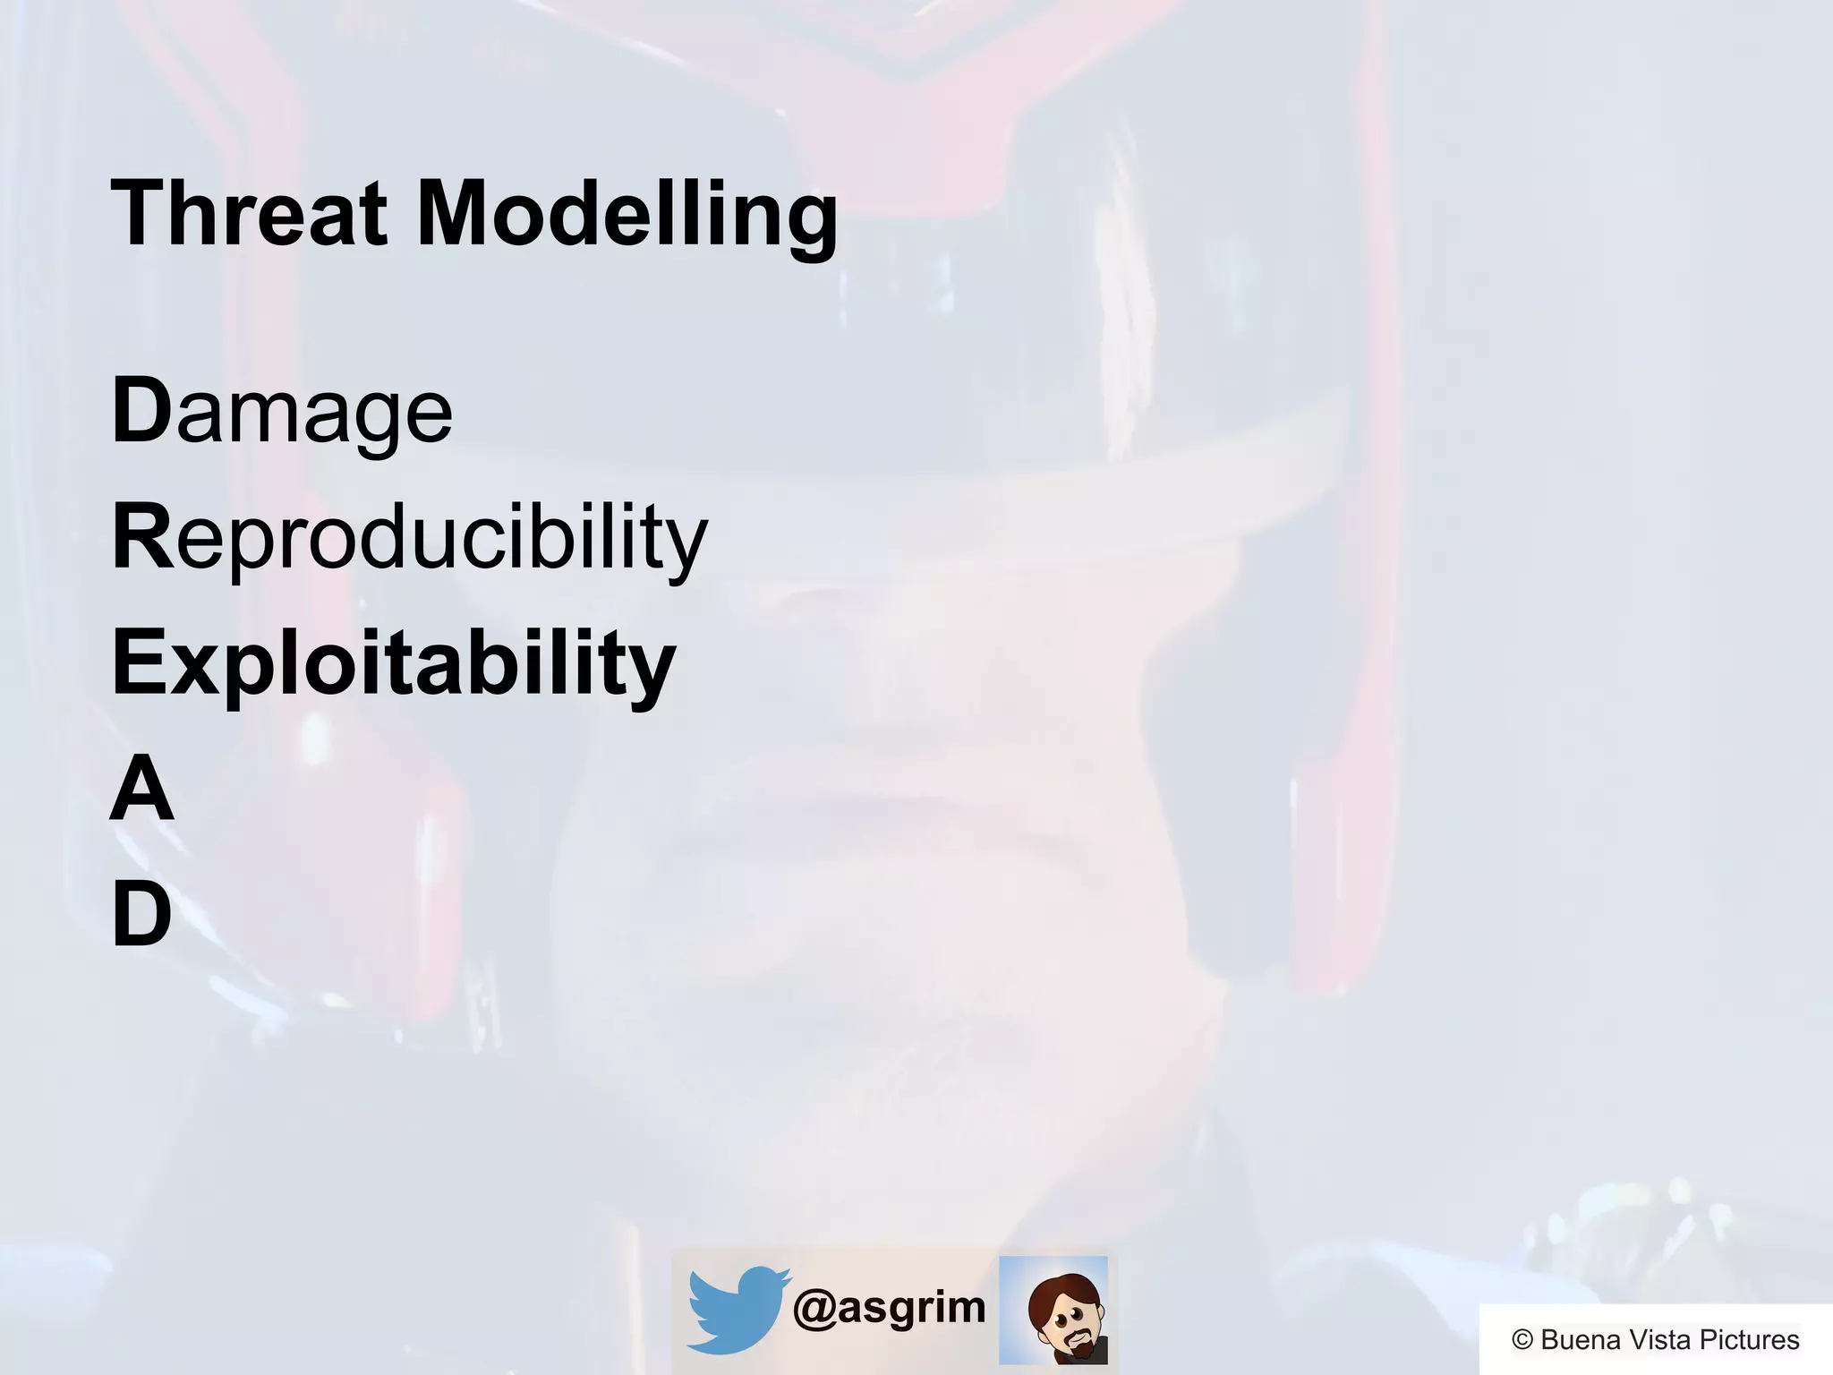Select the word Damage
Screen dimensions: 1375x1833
pos(282,412)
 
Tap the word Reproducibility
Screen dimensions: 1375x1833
pos(409,537)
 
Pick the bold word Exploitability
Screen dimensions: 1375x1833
pos(394,662)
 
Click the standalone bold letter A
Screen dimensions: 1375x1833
pos(141,788)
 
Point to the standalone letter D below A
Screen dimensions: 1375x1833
pos(141,914)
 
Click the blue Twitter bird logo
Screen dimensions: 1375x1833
pos(737,1308)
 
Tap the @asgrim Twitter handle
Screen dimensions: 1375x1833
pos(889,1308)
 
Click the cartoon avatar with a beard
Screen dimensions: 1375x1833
pos(1053,1310)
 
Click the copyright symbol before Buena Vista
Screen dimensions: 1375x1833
pos(1522,1340)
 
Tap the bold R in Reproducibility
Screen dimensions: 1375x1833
pos(141,536)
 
